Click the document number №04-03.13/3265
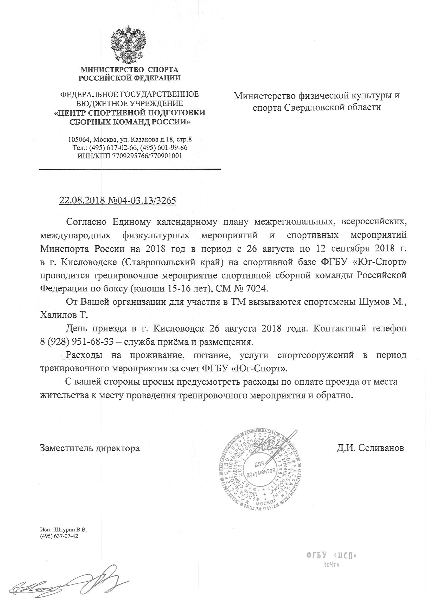142,201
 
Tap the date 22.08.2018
82,201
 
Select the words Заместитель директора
90,448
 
